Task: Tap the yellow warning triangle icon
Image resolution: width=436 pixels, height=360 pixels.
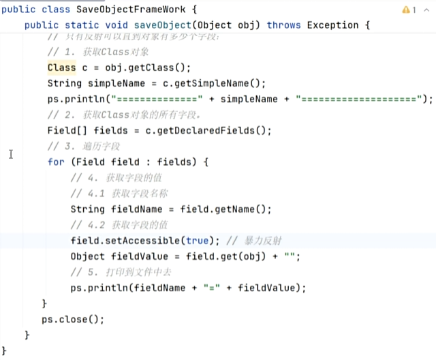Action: click(x=406, y=10)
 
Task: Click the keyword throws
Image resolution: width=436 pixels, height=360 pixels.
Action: click(x=283, y=25)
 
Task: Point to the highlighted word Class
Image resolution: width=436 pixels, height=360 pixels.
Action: click(x=61, y=67)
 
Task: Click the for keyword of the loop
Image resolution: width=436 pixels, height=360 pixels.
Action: click(x=56, y=162)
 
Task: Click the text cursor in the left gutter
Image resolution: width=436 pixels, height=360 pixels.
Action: click(x=11, y=154)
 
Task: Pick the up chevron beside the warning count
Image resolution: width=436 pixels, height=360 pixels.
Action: click(x=426, y=10)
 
